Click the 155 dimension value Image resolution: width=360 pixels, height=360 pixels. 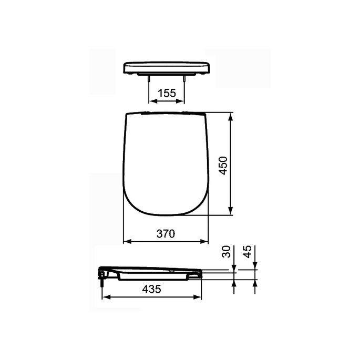point(167,93)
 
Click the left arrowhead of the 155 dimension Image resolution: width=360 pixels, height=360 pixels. point(152,101)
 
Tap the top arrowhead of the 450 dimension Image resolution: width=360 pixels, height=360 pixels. point(231,116)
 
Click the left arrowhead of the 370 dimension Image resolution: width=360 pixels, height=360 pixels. point(126,242)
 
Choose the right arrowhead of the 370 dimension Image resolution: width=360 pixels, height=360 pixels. point(205,242)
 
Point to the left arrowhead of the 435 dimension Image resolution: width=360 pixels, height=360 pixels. point(104,297)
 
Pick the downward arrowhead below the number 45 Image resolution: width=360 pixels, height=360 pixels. point(255,266)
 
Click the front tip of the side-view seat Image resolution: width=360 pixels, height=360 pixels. point(201,273)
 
